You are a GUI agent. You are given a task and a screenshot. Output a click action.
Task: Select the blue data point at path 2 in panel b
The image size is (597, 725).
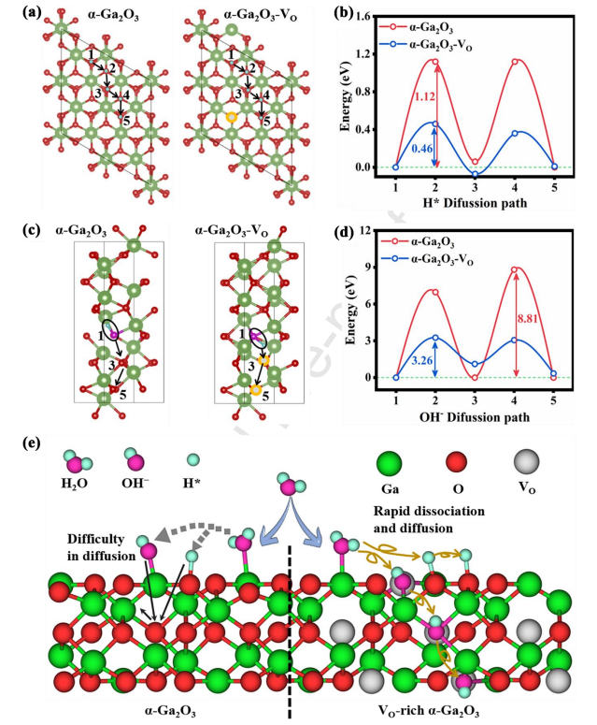tap(434, 123)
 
